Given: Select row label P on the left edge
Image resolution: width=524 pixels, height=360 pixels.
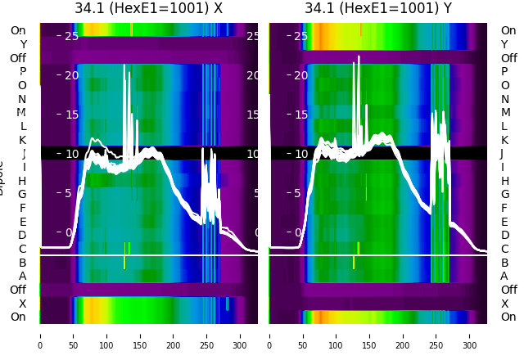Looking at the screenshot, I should [22, 72].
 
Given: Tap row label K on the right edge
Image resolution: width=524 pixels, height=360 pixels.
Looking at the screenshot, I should [504, 140].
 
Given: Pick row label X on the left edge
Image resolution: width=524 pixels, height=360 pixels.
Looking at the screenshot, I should [22, 304].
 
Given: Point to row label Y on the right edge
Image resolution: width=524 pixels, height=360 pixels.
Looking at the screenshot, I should [504, 45].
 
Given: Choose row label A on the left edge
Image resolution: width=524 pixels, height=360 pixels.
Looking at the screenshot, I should [22, 276].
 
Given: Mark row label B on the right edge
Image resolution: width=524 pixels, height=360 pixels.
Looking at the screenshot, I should [504, 263].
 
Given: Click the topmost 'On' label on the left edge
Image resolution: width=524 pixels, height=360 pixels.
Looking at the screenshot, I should [18, 31].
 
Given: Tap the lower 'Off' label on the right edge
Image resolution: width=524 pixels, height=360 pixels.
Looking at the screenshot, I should [508, 290].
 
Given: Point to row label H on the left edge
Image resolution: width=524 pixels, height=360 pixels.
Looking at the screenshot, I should [22, 181].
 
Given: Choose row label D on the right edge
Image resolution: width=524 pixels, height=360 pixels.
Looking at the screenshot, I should [504, 236].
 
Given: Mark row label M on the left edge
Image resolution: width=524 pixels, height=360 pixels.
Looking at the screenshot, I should [21, 113].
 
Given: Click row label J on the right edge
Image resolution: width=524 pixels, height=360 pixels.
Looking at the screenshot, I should [502, 154].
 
